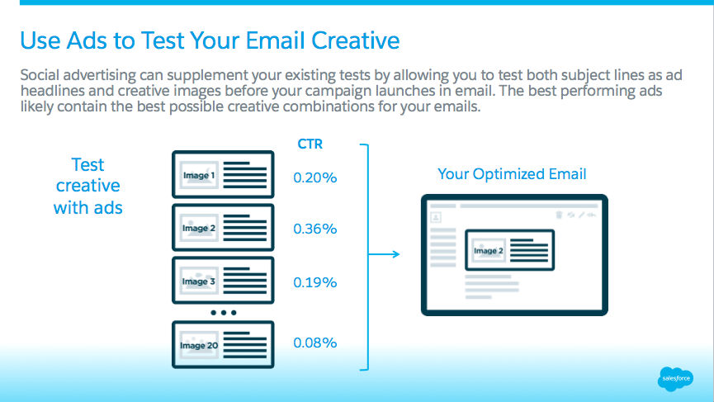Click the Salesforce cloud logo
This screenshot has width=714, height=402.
[675, 379]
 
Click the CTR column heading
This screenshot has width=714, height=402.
[310, 144]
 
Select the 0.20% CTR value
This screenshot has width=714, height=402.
[315, 177]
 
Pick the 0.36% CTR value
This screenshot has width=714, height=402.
[315, 229]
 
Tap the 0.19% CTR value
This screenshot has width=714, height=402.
[315, 282]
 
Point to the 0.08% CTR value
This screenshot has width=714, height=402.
[315, 343]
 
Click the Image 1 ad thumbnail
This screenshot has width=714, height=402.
[199, 175]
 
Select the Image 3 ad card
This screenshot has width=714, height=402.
[223, 281]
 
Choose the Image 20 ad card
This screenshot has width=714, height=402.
[223, 345]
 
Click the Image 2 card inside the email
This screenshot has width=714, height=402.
[509, 250]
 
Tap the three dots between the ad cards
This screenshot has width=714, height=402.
[223, 313]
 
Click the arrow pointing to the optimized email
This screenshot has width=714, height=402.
[384, 254]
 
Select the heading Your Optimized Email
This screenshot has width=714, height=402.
[512, 174]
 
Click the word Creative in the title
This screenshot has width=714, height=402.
[355, 40]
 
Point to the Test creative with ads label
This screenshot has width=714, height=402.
[87, 186]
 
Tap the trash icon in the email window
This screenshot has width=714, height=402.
[559, 215]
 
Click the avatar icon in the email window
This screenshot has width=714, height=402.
[436, 217]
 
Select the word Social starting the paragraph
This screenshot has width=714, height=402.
[41, 74]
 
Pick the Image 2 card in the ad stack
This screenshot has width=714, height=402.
[223, 227]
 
